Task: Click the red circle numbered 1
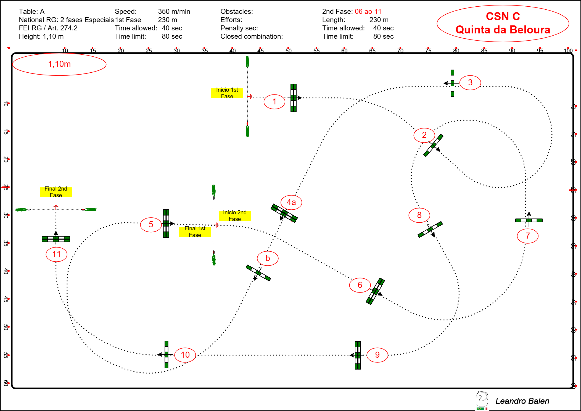tap(274, 102)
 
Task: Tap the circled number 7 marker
tap(527, 236)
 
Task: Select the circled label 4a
tap(291, 202)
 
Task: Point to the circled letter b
tap(267, 258)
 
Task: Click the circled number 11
tap(56, 254)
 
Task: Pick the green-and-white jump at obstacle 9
tap(358, 355)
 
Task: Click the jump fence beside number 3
tap(452, 83)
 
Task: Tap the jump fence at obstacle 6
tap(375, 291)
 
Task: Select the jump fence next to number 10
tap(166, 354)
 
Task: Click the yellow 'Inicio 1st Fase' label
tap(227, 93)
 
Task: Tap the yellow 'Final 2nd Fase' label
tap(56, 192)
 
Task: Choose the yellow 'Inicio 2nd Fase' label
tap(235, 216)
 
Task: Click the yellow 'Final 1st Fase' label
tap(195, 232)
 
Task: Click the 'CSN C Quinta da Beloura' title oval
tap(503, 23)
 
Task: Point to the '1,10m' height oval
tap(59, 64)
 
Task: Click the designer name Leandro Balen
tap(522, 401)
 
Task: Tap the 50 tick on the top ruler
tap(288, 50)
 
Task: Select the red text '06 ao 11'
tap(368, 12)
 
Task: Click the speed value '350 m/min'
tap(174, 12)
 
